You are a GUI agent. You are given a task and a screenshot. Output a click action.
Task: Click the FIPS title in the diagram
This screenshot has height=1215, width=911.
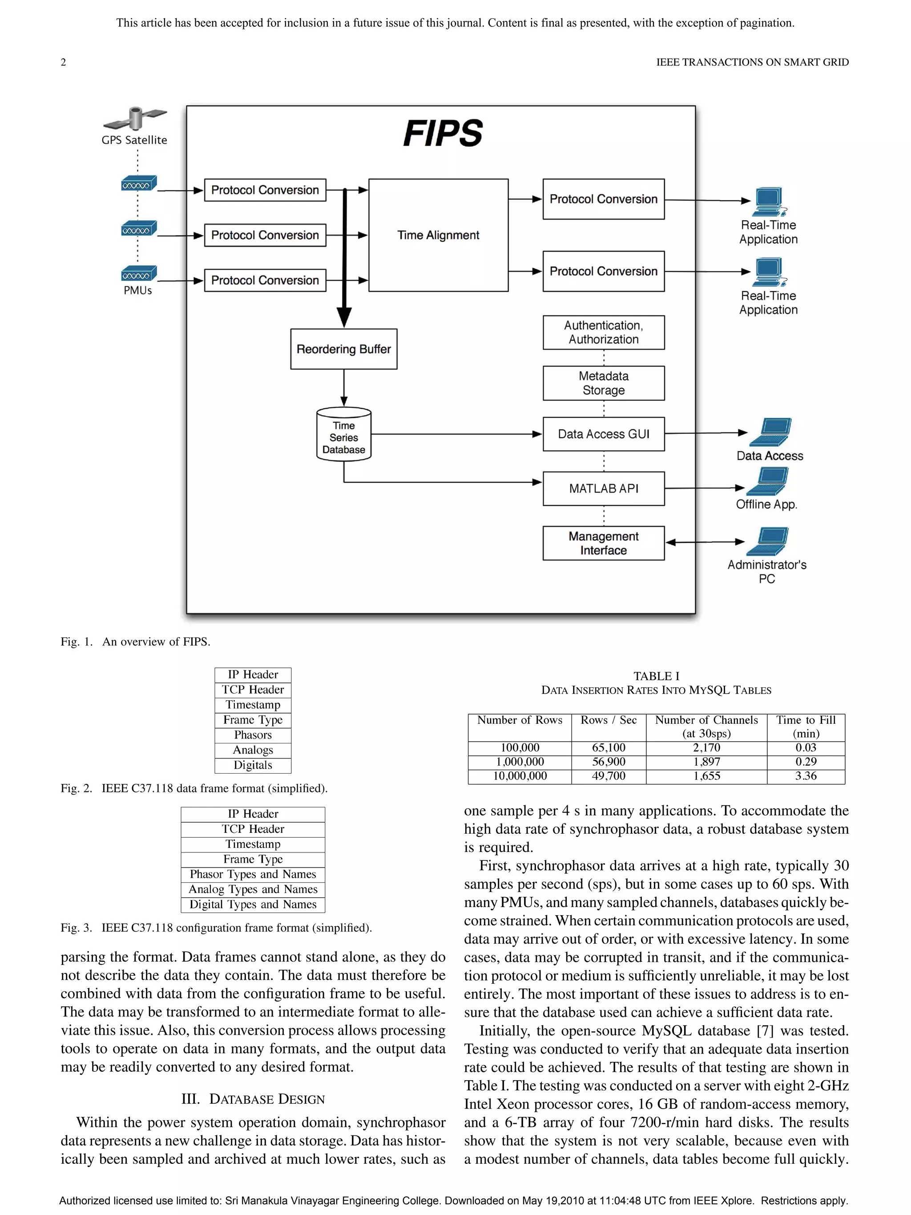coord(443,133)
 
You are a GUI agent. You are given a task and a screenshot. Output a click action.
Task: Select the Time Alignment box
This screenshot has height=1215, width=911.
coord(438,235)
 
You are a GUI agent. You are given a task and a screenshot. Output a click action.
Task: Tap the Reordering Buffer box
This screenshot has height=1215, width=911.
coord(344,349)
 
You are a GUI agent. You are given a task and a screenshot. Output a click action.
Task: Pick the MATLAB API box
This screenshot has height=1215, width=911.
coord(604,488)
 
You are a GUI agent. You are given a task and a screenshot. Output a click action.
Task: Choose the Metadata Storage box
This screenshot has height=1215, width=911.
coord(604,383)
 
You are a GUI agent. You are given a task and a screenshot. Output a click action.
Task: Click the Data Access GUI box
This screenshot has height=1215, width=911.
coord(604,434)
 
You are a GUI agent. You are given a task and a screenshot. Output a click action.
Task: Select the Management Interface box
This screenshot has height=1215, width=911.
coord(604,543)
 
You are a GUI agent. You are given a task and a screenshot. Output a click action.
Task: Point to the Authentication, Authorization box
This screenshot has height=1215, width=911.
coord(604,332)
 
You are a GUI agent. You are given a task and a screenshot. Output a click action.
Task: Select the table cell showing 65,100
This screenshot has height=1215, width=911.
coord(609,747)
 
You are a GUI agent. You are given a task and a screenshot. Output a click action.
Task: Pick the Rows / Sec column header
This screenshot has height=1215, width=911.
coord(609,720)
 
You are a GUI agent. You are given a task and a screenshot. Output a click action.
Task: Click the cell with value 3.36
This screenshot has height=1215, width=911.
coord(806,776)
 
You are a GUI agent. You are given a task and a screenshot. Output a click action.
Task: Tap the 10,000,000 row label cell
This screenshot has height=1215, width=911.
coord(520,776)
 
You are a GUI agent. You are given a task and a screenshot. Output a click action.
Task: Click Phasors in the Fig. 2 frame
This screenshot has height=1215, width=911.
coord(253,735)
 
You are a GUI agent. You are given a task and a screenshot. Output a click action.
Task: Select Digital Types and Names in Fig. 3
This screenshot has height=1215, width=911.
coord(253,904)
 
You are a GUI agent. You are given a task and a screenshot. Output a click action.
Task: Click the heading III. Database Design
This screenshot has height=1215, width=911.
coord(253,1099)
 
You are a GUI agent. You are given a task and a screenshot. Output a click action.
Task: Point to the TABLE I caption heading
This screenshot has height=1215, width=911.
coord(656,676)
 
